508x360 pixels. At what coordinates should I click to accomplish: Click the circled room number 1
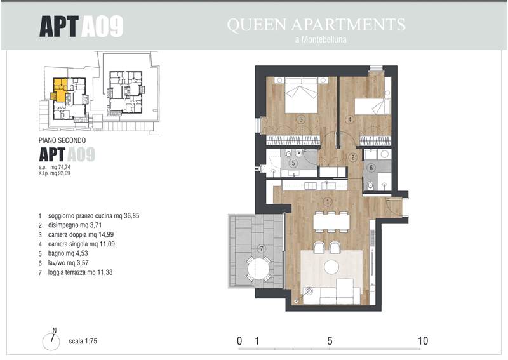click(x=328, y=202)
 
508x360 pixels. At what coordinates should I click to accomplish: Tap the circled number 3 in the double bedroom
click(x=301, y=119)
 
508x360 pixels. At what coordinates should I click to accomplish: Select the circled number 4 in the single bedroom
click(x=350, y=119)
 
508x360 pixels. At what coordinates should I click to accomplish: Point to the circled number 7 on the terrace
click(x=261, y=249)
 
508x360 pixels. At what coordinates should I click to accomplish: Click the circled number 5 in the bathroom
click(x=293, y=163)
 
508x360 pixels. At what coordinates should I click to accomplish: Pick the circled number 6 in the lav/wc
click(x=371, y=168)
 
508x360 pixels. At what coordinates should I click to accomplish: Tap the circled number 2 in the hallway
click(x=352, y=157)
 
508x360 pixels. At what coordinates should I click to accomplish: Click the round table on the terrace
click(x=258, y=269)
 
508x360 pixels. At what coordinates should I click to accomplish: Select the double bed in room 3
click(x=301, y=95)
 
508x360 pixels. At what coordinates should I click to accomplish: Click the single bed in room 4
click(x=373, y=107)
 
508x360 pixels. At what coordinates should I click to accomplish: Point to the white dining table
click(x=331, y=222)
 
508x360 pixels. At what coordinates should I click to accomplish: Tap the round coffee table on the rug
click(x=331, y=267)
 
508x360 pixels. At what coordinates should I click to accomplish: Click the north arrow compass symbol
click(x=51, y=340)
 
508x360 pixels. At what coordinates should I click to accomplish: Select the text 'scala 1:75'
click(x=83, y=341)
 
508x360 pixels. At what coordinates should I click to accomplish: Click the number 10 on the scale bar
click(x=423, y=341)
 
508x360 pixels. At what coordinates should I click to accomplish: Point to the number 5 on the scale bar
click(x=330, y=341)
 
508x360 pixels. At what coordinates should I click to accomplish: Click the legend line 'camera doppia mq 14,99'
click(x=81, y=234)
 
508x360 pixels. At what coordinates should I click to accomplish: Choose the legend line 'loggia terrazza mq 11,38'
click(x=81, y=272)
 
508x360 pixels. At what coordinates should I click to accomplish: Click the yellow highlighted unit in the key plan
click(x=59, y=90)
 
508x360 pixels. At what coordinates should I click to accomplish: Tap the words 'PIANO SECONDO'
click(x=62, y=140)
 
